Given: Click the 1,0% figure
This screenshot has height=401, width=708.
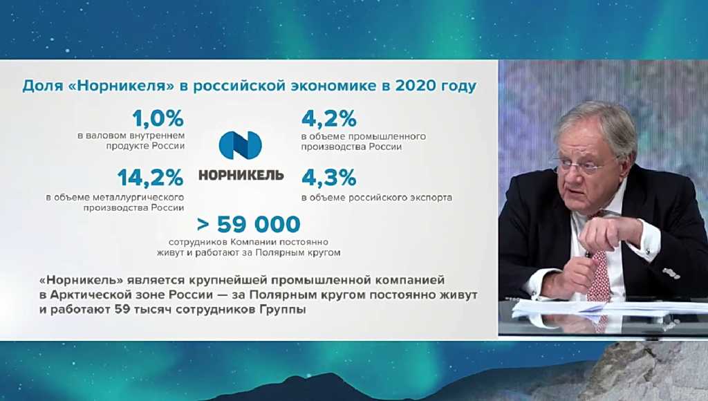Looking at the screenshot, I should (157, 118).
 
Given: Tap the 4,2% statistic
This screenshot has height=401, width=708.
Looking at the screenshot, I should (329, 118).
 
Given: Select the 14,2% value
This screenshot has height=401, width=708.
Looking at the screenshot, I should (150, 178).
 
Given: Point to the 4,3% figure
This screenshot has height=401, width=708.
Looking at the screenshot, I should (329, 178).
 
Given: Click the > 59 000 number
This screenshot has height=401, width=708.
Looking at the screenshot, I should (249, 225).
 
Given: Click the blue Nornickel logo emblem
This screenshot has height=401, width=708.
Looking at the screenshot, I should (241, 145).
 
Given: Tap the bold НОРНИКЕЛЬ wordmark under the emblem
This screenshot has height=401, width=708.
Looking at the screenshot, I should (241, 174).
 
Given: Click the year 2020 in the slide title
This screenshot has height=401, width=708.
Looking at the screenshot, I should (419, 86).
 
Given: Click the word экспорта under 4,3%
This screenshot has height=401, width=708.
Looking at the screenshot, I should (429, 197).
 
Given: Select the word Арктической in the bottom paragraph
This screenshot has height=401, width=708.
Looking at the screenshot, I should (90, 295).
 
